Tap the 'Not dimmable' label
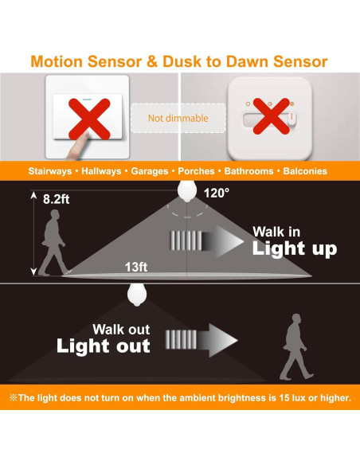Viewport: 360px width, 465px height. click(178, 119)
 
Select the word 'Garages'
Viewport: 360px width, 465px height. click(150, 171)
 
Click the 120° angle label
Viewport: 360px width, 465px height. click(217, 193)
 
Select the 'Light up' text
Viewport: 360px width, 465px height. click(295, 249)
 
